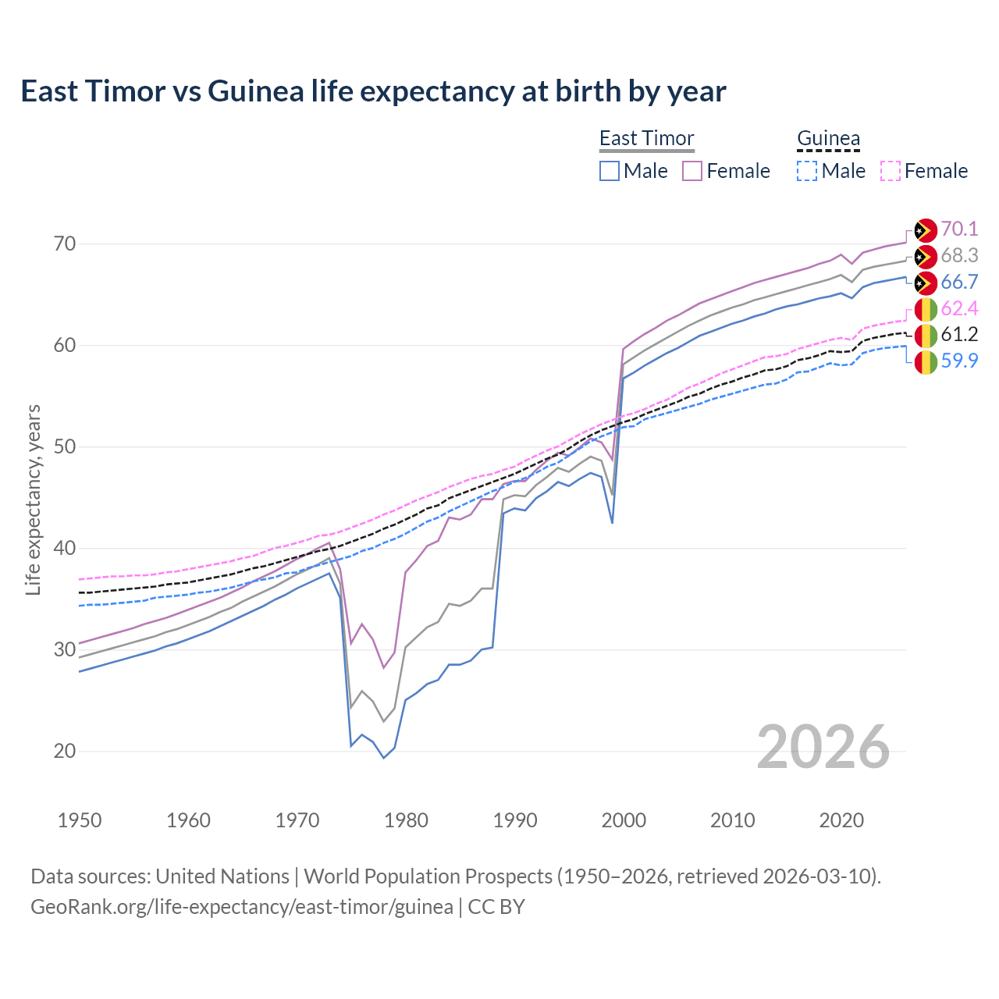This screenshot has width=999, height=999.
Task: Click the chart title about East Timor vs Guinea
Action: pyautogui.click(x=373, y=91)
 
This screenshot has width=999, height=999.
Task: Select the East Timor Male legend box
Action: pyautogui.click(x=610, y=171)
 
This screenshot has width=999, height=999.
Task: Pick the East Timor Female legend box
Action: pyautogui.click(x=692, y=171)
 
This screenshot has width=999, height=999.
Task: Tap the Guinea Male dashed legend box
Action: pyautogui.click(x=807, y=171)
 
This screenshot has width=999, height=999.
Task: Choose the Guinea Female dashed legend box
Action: pyautogui.click(x=891, y=171)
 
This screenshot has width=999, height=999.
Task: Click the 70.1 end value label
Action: pyautogui.click(x=959, y=229)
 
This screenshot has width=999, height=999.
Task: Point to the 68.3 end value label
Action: pyautogui.click(x=959, y=255)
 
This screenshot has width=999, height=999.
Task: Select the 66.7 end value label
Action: pyautogui.click(x=959, y=282)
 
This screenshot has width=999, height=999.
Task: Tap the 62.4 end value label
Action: pyautogui.click(x=959, y=308)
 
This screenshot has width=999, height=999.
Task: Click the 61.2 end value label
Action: pyautogui.click(x=959, y=335)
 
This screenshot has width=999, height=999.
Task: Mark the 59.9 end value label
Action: pyautogui.click(x=959, y=361)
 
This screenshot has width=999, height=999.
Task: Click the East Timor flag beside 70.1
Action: pyautogui.click(x=926, y=230)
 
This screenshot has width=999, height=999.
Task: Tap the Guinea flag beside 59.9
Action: pyautogui.click(x=926, y=362)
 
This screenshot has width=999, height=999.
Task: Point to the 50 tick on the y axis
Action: pyautogui.click(x=65, y=447)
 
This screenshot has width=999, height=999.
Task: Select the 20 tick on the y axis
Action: pyautogui.click(x=65, y=752)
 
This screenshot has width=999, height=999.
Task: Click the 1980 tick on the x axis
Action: pyautogui.click(x=407, y=820)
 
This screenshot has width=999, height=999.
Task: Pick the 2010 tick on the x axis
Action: pyautogui.click(x=732, y=820)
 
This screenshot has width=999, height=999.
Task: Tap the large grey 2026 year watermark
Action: pyautogui.click(x=823, y=747)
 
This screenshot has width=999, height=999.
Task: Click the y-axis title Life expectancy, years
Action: pyautogui.click(x=34, y=499)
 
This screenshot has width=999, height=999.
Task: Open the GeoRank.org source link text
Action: pyautogui.click(x=242, y=907)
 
